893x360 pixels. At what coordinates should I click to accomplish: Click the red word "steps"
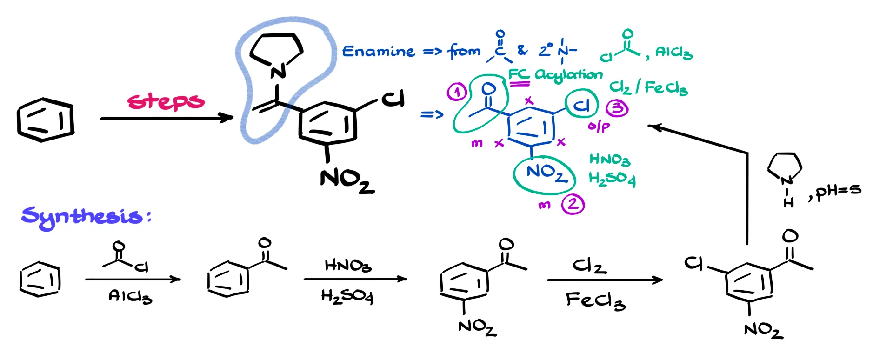(166, 101)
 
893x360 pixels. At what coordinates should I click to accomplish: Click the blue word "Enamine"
(378, 51)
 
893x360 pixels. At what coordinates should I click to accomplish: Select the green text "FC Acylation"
(555, 75)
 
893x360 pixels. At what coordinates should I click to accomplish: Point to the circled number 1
(457, 92)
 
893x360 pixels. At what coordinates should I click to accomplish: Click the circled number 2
(573, 204)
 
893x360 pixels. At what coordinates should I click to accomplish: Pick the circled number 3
(617, 108)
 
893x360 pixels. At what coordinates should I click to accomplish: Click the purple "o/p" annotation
(599, 126)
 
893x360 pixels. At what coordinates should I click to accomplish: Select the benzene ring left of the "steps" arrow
(45, 120)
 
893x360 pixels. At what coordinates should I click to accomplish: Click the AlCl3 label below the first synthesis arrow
(130, 296)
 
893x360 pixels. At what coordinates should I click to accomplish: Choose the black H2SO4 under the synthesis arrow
(347, 297)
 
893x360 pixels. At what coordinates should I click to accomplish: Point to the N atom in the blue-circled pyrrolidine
(278, 72)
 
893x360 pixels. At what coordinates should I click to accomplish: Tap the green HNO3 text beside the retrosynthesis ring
(609, 160)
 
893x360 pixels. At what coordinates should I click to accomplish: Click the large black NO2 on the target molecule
(347, 181)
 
